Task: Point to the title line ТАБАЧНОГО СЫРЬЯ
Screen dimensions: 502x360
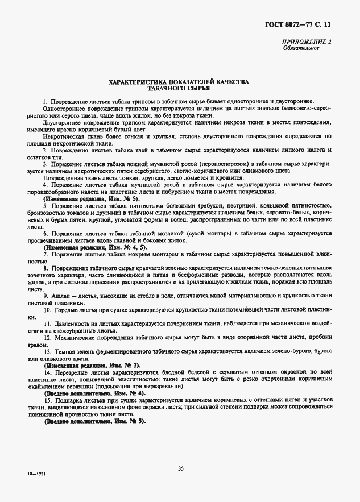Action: point(179,89)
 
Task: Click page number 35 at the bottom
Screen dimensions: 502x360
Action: point(180,468)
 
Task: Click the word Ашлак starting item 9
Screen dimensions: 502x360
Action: point(62,296)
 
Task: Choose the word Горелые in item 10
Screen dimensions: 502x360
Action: point(69,310)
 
